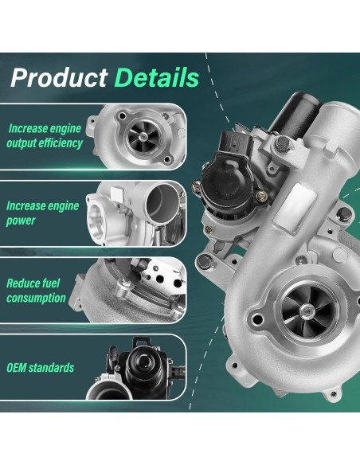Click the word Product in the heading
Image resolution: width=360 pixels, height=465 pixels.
coord(59,78)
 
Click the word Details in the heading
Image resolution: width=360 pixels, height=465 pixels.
coord(156,78)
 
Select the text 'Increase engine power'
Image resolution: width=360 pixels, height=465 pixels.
coord(42,213)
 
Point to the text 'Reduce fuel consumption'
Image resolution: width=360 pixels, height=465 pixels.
coord(36,290)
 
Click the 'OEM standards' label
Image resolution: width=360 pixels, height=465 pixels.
coord(40,368)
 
